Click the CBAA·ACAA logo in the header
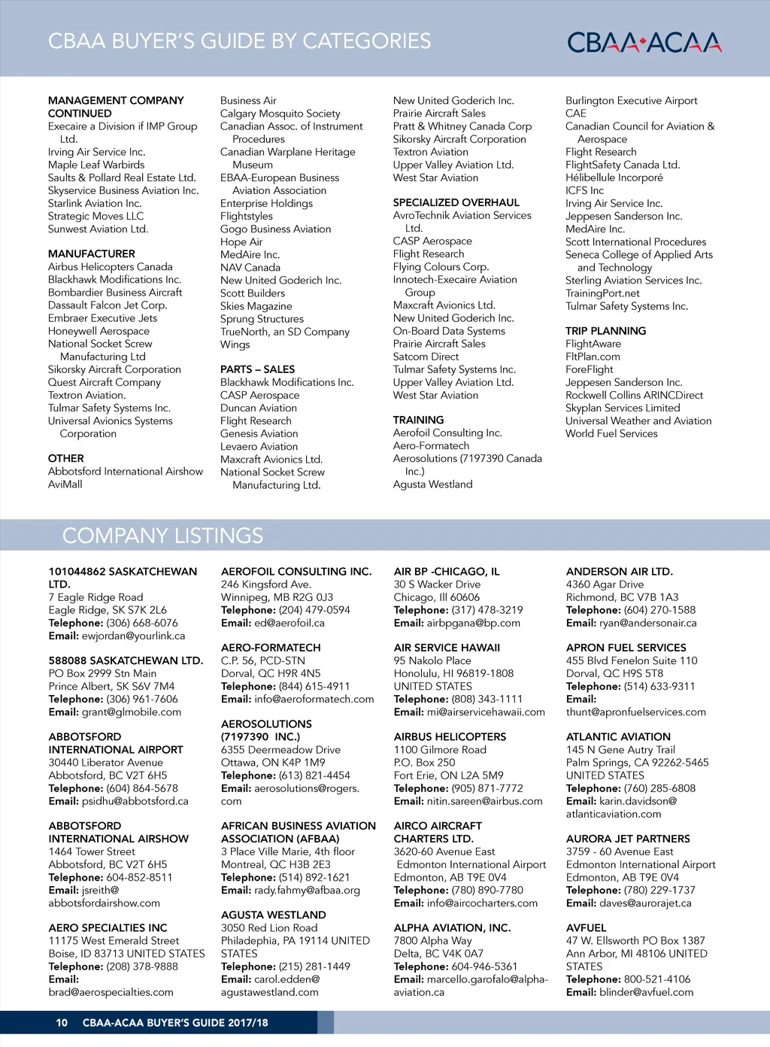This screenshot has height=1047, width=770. coord(644,42)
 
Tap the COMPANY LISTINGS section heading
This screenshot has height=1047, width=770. coord(162,536)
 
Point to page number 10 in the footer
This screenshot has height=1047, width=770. coord(62,1022)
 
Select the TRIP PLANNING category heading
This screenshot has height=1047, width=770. coord(605,331)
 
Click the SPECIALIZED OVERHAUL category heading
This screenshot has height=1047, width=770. coord(456,202)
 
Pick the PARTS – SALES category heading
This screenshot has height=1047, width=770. coord(257,369)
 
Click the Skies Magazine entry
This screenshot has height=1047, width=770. coord(256,306)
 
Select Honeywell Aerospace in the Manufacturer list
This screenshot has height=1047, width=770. coord(99,331)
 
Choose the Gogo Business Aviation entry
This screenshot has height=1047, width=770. coord(275,229)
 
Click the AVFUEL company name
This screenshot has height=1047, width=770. coord(586,927)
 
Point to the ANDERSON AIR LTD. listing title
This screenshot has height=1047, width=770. coord(619,572)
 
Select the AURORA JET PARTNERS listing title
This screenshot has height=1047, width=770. coord(628,839)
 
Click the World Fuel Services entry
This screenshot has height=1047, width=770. coord(611,433)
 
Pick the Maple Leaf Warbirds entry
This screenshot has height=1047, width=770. coord(96,165)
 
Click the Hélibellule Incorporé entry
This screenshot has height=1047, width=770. coord(614,178)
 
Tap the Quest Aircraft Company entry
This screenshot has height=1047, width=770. coord(105,382)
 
